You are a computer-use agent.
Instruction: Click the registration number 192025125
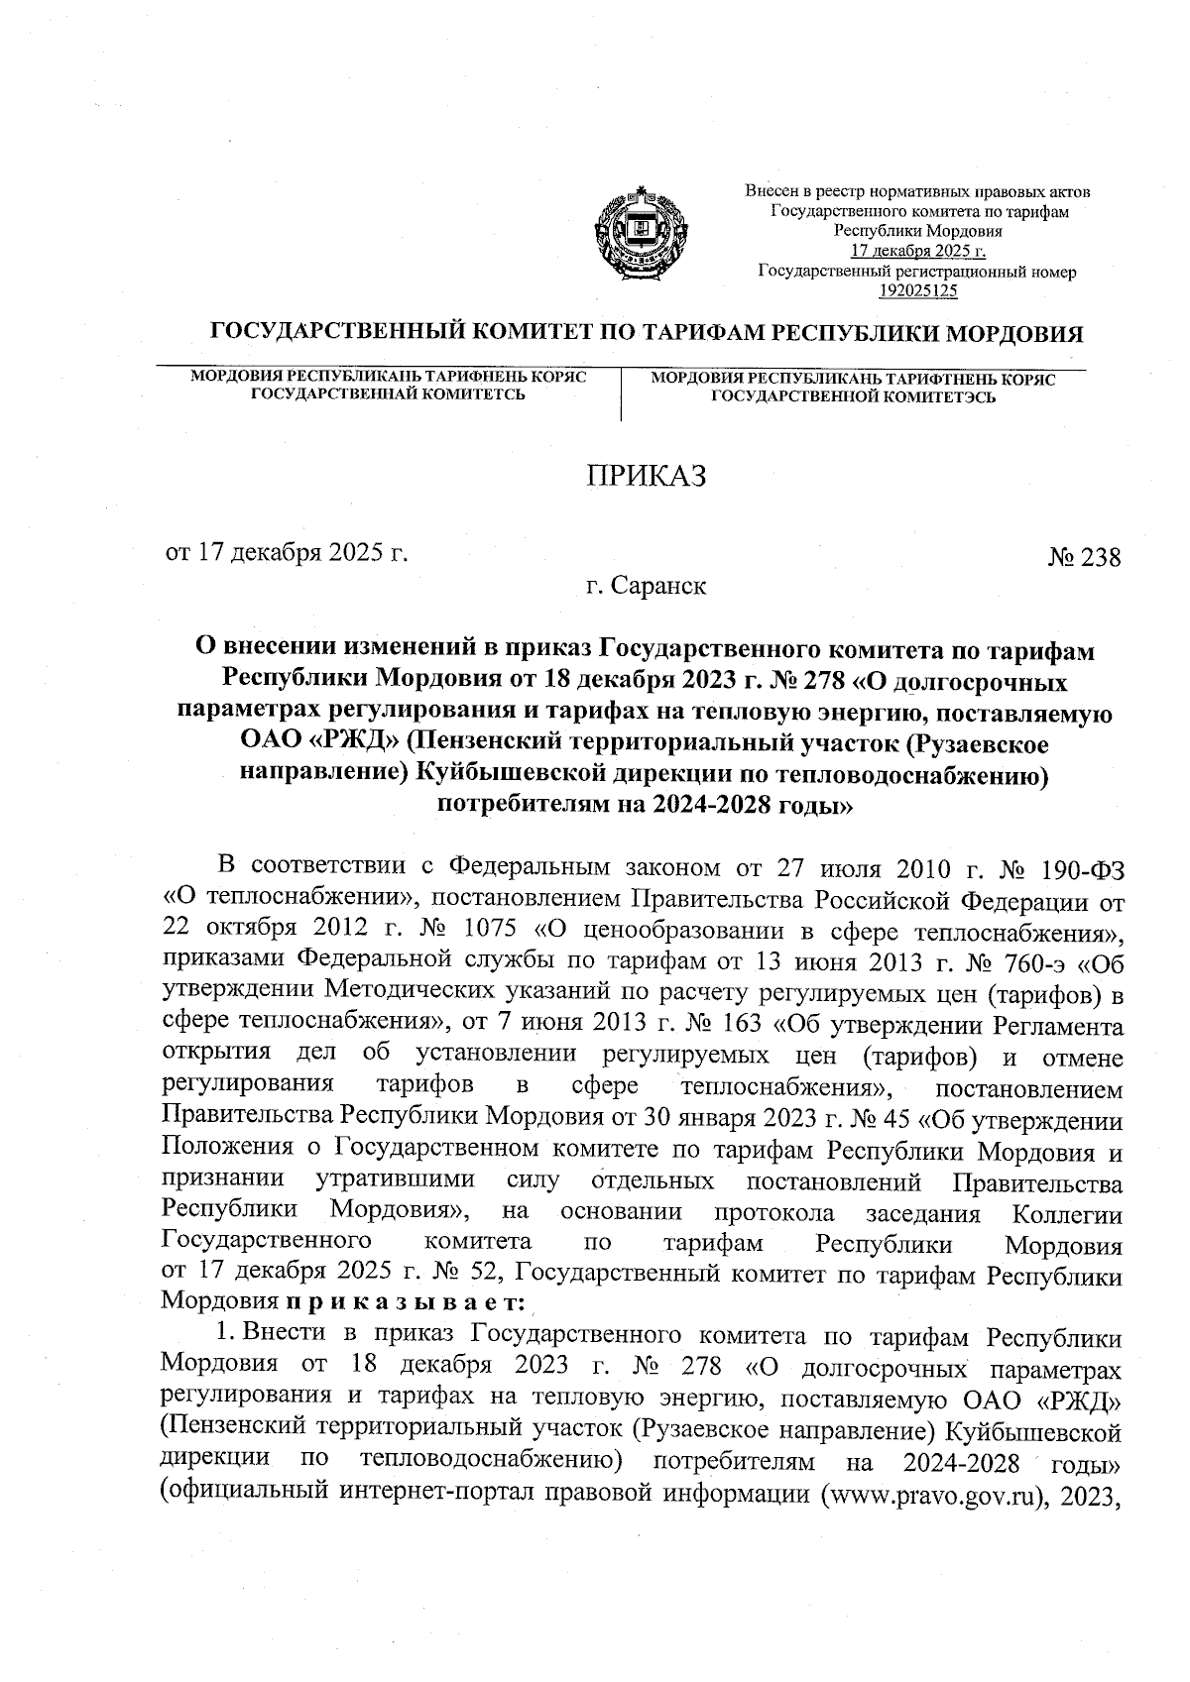[x=918, y=290]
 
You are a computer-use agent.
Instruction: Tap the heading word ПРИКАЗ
[x=645, y=476]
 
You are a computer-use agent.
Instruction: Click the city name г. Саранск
[x=646, y=587]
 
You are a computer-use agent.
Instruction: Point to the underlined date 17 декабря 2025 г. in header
[x=918, y=252]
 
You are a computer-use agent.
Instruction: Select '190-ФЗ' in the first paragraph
[x=1082, y=868]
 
